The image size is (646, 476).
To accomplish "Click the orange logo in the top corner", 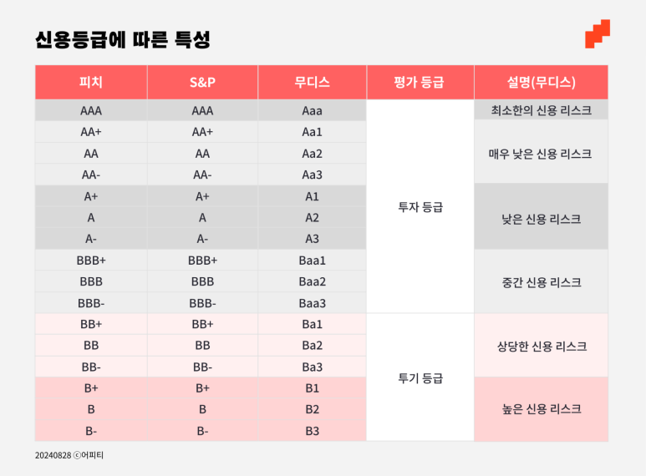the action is [x=598, y=33].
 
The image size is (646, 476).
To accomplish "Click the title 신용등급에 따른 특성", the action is [x=123, y=39].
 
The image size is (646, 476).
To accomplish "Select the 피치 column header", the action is [x=90, y=82].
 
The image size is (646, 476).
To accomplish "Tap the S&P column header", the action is [x=202, y=83].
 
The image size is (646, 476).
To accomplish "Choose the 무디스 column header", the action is [x=312, y=82].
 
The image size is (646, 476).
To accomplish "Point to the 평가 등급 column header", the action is [x=419, y=82].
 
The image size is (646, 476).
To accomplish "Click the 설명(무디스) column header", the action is [x=541, y=82].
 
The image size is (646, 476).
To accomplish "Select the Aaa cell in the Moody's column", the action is [x=312, y=111].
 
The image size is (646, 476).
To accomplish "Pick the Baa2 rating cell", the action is [x=312, y=281].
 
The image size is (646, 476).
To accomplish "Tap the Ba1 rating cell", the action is [x=312, y=325].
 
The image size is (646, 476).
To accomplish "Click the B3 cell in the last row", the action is [x=312, y=431].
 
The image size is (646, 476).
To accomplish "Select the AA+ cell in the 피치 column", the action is [x=90, y=132].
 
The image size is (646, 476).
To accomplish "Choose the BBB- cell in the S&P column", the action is [x=202, y=303].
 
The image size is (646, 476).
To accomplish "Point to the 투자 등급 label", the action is [x=420, y=207].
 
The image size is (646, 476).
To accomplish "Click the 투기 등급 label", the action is [x=420, y=378].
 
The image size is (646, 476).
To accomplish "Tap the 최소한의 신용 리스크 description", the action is [x=541, y=110].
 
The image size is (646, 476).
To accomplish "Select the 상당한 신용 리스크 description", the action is [x=542, y=347].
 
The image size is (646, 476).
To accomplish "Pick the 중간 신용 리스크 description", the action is [x=542, y=282].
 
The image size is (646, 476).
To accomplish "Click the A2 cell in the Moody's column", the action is [x=312, y=218].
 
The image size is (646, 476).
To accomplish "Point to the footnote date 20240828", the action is [x=53, y=455].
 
